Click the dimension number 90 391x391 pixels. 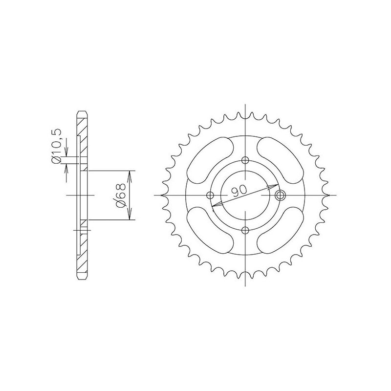coord(239,191)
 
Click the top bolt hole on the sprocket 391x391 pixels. coord(246,161)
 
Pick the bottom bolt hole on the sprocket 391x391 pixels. coord(246,230)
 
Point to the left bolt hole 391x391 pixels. coord(211,195)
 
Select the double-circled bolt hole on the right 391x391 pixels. coord(280,195)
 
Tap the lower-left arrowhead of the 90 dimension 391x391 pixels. coord(216,205)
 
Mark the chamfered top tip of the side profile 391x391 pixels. coord(83,114)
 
